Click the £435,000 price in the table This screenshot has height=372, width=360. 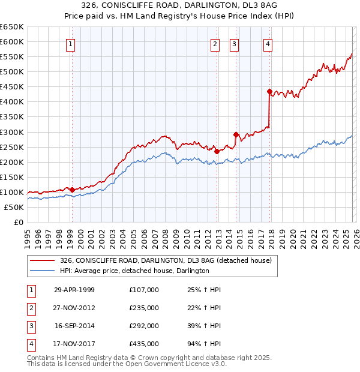pyautogui.click(x=144, y=344)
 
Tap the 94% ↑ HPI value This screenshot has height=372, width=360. pyautogui.click(x=204, y=344)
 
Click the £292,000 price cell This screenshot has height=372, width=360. pyautogui.click(x=144, y=326)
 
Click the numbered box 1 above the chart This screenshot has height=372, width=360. pyautogui.click(x=71, y=43)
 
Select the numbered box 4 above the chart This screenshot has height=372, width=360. pyautogui.click(x=268, y=43)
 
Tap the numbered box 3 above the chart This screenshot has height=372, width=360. pyautogui.click(x=234, y=43)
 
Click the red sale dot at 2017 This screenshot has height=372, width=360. pyautogui.click(x=270, y=92)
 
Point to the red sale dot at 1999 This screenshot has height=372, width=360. pyautogui.click(x=73, y=190)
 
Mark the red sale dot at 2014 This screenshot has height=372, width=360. pyautogui.click(x=236, y=134)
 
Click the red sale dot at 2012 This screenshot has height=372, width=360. pyautogui.click(x=217, y=151)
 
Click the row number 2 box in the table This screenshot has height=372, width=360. pyautogui.click(x=30, y=308)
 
